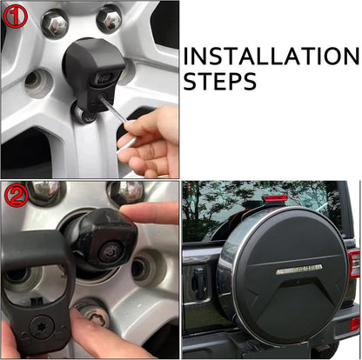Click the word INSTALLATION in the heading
pyautogui.click(x=271, y=56)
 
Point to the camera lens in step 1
pyautogui.click(x=104, y=77)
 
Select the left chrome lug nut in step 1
pyautogui.click(x=55, y=22)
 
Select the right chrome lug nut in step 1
pyautogui.click(x=109, y=19)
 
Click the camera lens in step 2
pyautogui.click(x=110, y=250)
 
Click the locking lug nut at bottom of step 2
pyautogui.click(x=94, y=316)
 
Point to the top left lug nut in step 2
pyautogui.click(x=45, y=192)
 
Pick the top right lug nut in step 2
pyautogui.click(x=126, y=192)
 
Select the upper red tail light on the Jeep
pyautogui.click(x=354, y=263)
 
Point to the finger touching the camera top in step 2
pyautogui.click(x=150, y=213)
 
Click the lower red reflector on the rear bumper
pyautogui.click(x=355, y=323)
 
